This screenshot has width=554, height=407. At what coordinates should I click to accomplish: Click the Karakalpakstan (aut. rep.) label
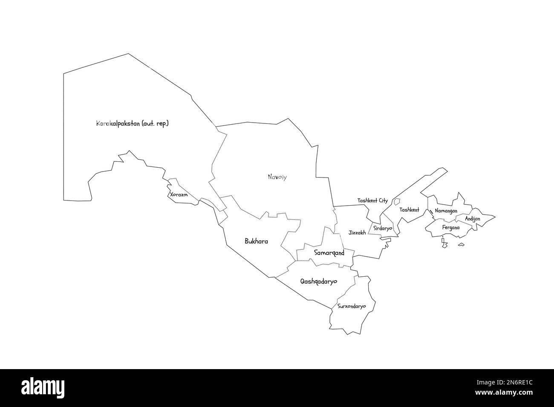click(133, 124)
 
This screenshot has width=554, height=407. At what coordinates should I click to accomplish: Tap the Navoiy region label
click(277, 177)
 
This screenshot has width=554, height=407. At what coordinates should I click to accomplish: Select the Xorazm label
click(179, 195)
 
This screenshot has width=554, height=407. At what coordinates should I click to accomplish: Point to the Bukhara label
click(256, 241)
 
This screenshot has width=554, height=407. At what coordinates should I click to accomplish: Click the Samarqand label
click(329, 253)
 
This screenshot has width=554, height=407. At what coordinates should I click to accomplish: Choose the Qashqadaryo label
click(318, 281)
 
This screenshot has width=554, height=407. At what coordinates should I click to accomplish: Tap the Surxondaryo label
click(352, 306)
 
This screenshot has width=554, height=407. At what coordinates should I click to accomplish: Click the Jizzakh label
click(357, 233)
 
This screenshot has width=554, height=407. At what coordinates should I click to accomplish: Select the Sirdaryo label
click(382, 228)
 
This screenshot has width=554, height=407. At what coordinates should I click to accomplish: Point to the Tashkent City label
click(372, 201)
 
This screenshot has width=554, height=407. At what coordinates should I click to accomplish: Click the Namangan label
click(446, 211)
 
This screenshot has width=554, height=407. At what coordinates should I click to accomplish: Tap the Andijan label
click(472, 219)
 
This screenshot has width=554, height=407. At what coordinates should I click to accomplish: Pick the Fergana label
click(451, 228)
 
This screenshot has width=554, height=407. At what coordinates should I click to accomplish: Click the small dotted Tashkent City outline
click(397, 201)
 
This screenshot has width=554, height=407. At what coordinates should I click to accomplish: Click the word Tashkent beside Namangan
click(409, 210)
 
